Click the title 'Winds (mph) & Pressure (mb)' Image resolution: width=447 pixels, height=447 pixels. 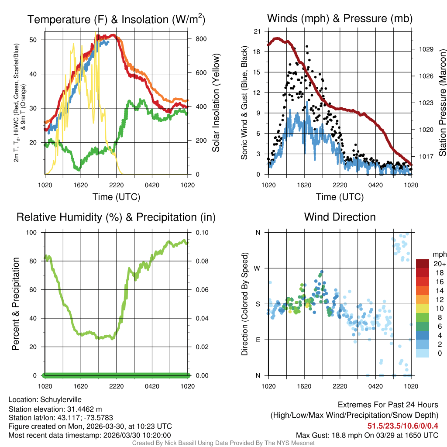pyautogui.click(x=340, y=18)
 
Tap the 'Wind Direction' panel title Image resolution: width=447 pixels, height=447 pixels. pyautogui.click(x=340, y=217)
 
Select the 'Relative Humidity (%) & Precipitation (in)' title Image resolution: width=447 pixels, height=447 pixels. pyautogui.click(x=116, y=217)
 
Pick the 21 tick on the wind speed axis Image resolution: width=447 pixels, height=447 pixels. pyautogui.click(x=257, y=31)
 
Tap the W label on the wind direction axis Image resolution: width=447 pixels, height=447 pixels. pyautogui.click(x=258, y=268)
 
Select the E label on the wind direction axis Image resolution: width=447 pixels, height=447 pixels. pyautogui.click(x=258, y=340)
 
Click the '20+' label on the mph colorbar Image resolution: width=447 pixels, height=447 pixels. pyautogui.click(x=440, y=264)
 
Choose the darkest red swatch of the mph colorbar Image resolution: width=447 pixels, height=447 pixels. pyautogui.click(x=423, y=264)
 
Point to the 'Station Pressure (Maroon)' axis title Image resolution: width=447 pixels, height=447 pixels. pyautogui.click(x=442, y=103)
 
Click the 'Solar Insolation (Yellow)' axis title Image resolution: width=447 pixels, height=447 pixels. pyautogui.click(x=216, y=103)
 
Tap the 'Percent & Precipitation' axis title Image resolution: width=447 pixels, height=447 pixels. pyautogui.click(x=16, y=304)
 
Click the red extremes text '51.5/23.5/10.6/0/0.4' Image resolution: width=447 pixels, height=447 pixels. pyautogui.click(x=403, y=426)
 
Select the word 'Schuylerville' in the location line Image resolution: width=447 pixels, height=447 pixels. pyautogui.click(x=61, y=399)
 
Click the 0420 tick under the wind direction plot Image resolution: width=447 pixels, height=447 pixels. pyautogui.click(x=375, y=386)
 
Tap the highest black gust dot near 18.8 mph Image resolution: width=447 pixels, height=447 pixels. pyautogui.click(x=307, y=46)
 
